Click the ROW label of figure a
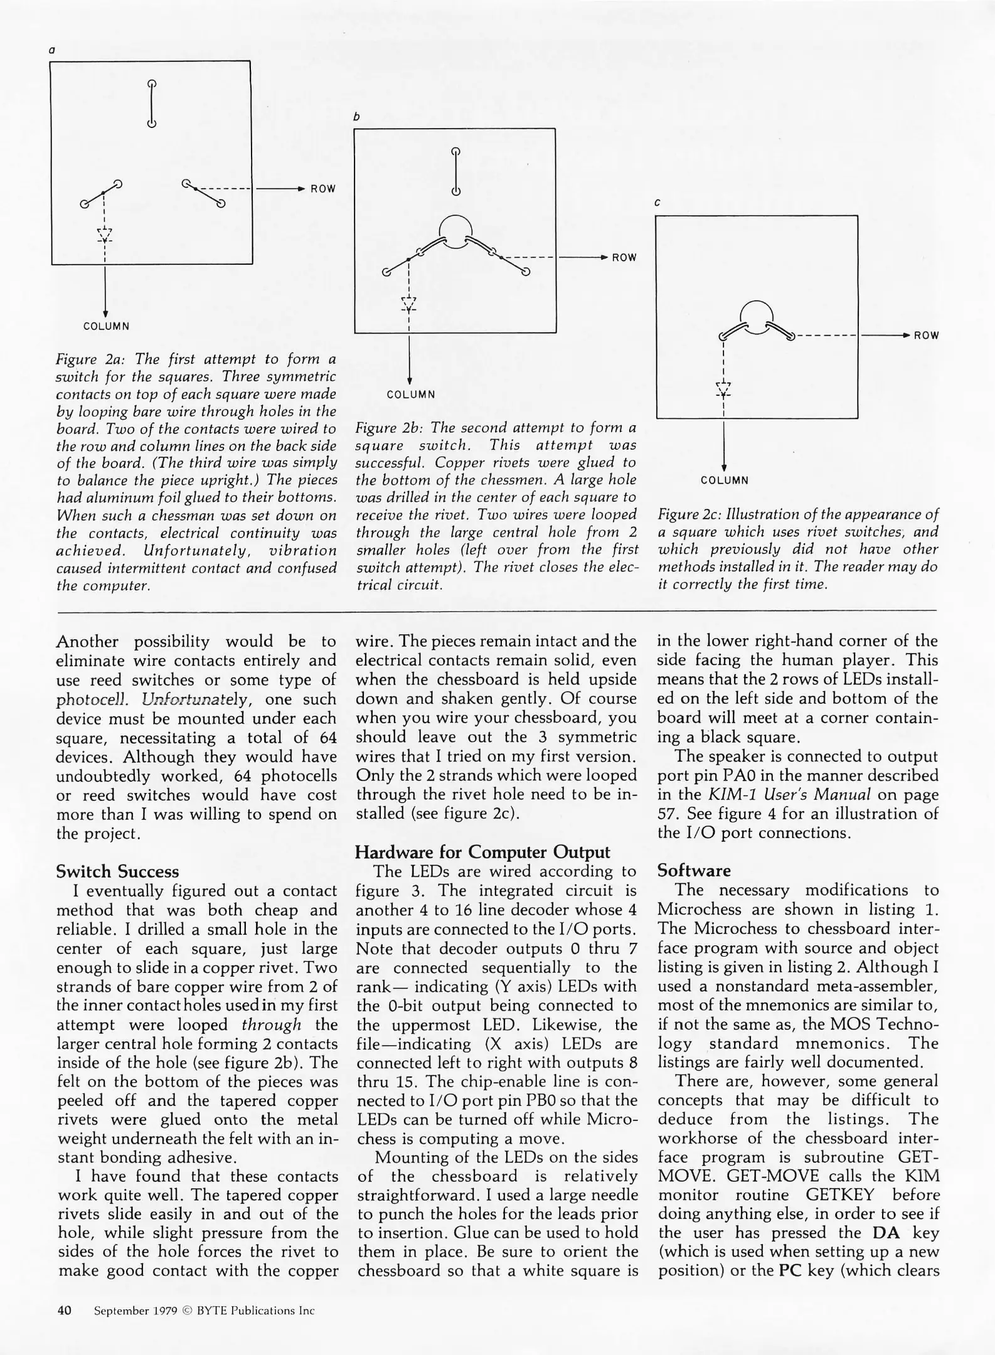click(x=323, y=189)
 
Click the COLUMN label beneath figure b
click(x=411, y=395)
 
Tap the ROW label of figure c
click(x=926, y=336)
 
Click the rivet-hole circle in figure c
click(x=757, y=316)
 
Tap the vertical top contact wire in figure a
click(x=151, y=104)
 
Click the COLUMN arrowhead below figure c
click(x=725, y=467)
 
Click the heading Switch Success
click(x=117, y=872)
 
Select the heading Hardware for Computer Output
click(x=482, y=853)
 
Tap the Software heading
click(x=694, y=871)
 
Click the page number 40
click(x=65, y=1310)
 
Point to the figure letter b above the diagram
click(x=356, y=117)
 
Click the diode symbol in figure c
click(x=724, y=390)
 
